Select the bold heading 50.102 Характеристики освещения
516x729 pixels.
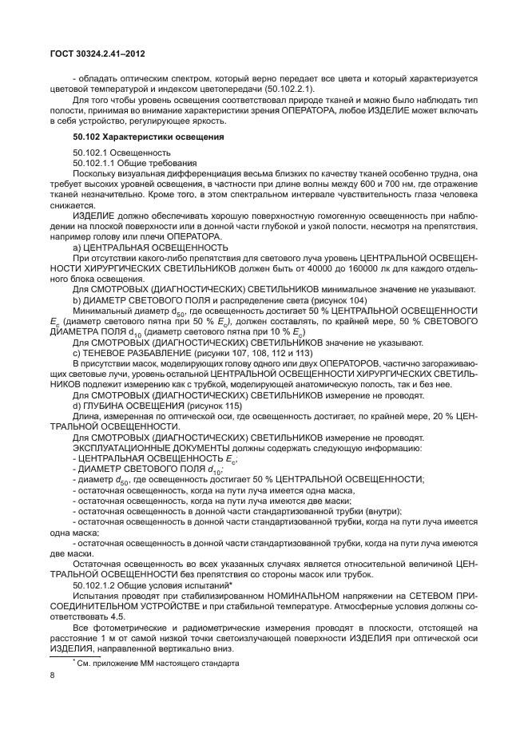point(138,137)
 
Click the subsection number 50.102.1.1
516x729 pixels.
point(93,162)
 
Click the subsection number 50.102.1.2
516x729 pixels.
point(93,585)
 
